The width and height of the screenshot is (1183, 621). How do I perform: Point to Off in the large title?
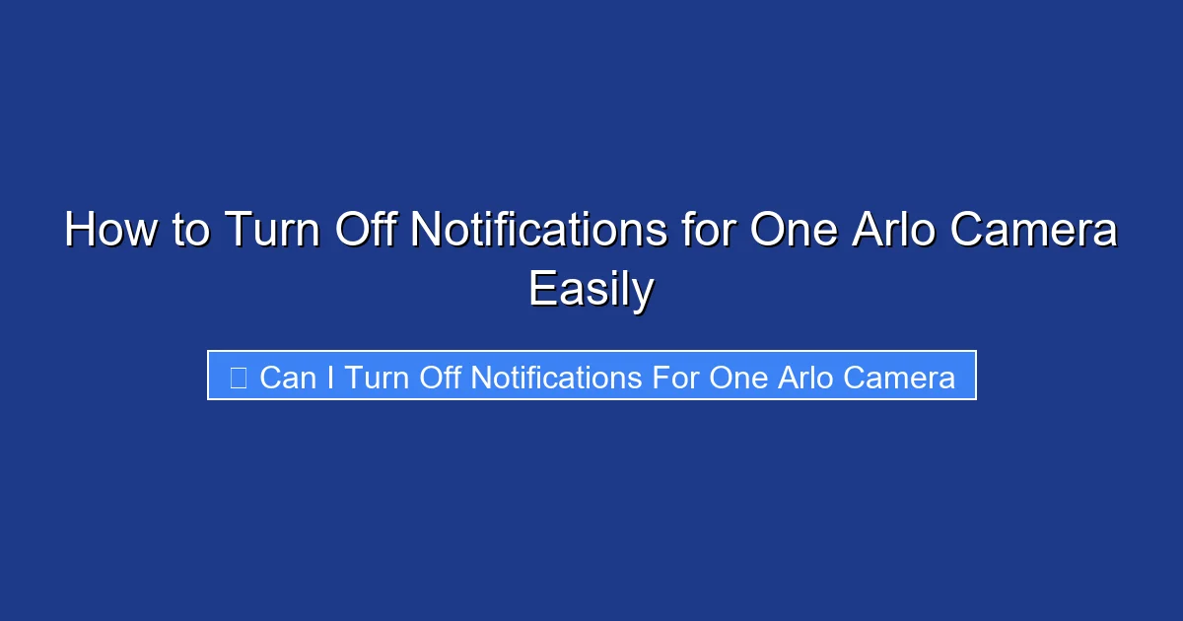pyautogui.click(x=366, y=232)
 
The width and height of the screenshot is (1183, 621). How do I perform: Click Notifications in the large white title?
pyautogui.click(x=538, y=232)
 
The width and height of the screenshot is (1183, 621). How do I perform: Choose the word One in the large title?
pyautogui.click(x=794, y=232)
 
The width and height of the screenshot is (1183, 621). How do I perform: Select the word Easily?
pyautogui.click(x=591, y=290)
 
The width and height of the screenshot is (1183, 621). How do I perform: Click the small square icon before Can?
pyautogui.click(x=238, y=378)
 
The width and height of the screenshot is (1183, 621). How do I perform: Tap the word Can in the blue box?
pyautogui.click(x=287, y=378)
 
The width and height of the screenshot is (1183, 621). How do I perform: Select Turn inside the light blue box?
pyautogui.click(x=378, y=378)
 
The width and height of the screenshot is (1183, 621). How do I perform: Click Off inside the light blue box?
pyautogui.click(x=442, y=378)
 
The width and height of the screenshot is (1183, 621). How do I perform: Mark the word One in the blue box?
pyautogui.click(x=738, y=378)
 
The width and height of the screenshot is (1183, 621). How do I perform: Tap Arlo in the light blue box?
pyautogui.click(x=804, y=378)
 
